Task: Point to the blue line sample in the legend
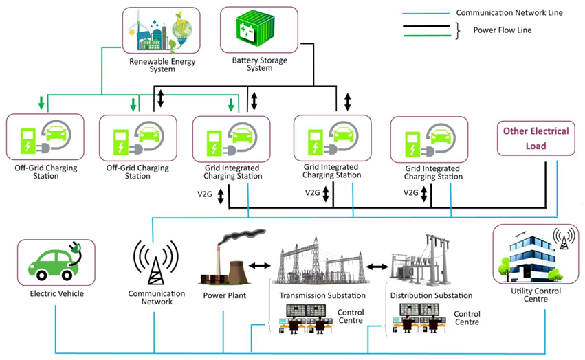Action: pyautogui.click(x=424, y=12)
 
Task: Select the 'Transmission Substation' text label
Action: pyautogui.click(x=322, y=296)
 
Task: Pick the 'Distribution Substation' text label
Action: pyautogui.click(x=431, y=296)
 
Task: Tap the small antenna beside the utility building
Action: pyautogui.click(x=564, y=238)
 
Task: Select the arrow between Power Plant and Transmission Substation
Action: pyautogui.click(x=260, y=265)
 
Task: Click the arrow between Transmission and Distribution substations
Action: pyautogui.click(x=377, y=265)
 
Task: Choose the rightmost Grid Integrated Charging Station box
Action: pyautogui.click(x=428, y=140)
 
